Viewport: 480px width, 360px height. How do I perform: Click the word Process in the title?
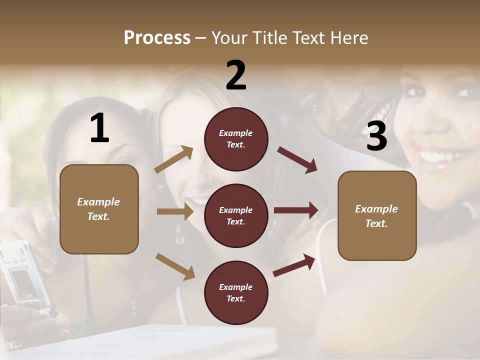(x=157, y=37)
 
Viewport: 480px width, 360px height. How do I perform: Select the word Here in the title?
(x=349, y=37)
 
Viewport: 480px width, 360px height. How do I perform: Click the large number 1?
(x=99, y=128)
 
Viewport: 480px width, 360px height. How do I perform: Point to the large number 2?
(x=236, y=75)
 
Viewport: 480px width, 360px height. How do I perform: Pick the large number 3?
(x=376, y=136)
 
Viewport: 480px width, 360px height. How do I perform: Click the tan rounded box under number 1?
(x=99, y=209)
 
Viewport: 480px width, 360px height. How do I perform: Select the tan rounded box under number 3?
(x=377, y=216)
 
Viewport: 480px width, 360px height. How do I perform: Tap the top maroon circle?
(x=236, y=139)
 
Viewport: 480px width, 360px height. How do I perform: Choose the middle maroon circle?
(x=236, y=215)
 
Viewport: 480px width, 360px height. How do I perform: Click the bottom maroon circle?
(x=236, y=292)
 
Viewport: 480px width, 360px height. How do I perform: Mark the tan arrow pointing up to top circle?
(x=173, y=159)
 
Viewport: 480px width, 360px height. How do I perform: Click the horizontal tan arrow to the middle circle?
(x=174, y=211)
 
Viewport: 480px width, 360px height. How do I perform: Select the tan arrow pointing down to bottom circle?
(x=174, y=266)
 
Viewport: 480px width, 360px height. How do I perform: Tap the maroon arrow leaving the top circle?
(x=297, y=160)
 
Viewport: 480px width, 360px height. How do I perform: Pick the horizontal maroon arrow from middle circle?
(x=295, y=210)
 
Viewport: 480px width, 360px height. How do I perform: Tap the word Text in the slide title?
(x=311, y=37)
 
